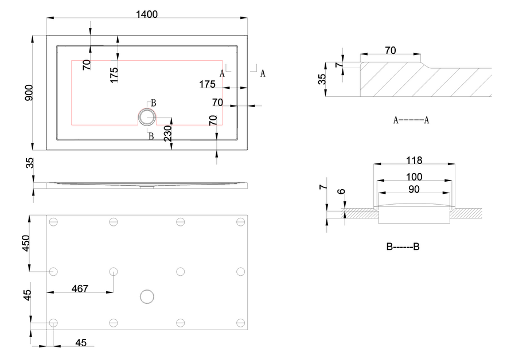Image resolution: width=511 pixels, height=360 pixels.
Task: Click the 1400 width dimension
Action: click(x=147, y=14)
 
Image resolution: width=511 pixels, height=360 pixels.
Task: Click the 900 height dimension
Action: click(x=29, y=92)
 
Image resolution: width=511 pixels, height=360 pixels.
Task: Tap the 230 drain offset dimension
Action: click(x=167, y=133)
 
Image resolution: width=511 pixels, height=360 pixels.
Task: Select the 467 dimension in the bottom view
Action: click(x=80, y=288)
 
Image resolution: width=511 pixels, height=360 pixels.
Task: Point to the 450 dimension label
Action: click(x=26, y=244)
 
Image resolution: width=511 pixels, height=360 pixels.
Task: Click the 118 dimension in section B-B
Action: click(x=414, y=161)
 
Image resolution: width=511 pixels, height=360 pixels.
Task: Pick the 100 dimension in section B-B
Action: click(x=414, y=177)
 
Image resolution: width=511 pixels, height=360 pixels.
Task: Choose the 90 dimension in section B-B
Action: click(x=414, y=189)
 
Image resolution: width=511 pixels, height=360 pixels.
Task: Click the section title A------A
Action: click(x=411, y=120)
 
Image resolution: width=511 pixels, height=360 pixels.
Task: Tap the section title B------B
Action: click(x=403, y=246)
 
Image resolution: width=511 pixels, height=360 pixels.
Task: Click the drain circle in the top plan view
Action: click(x=147, y=117)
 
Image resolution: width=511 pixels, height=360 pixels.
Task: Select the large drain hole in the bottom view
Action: click(x=147, y=297)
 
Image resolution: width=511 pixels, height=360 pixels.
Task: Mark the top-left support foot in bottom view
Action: click(x=53, y=222)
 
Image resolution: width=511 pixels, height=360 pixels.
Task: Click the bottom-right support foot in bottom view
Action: click(x=240, y=323)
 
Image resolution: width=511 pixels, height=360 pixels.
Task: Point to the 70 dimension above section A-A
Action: click(x=391, y=50)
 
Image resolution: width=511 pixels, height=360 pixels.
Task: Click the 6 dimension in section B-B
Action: click(x=341, y=191)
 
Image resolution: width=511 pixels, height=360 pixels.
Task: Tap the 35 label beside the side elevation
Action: click(x=30, y=163)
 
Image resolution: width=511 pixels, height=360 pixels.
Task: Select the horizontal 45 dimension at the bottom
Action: click(x=81, y=343)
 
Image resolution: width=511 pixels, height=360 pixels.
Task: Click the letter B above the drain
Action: click(x=154, y=103)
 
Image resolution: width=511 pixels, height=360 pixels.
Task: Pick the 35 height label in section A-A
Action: click(x=322, y=79)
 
